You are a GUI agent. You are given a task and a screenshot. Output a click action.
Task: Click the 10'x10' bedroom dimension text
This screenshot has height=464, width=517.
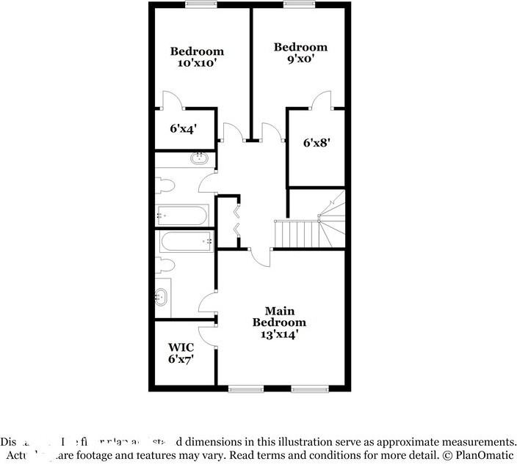197,63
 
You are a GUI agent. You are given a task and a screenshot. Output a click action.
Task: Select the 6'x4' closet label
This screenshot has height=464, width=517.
184,128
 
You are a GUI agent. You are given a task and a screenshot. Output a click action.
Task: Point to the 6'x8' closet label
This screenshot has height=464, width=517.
316,143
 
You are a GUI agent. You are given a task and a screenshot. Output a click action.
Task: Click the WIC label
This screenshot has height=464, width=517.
180,347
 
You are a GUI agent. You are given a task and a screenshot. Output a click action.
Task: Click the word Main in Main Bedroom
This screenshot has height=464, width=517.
279,311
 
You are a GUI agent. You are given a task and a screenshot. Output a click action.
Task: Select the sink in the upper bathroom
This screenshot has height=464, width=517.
199,158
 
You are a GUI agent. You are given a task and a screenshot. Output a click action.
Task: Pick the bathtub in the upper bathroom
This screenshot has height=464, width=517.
182,215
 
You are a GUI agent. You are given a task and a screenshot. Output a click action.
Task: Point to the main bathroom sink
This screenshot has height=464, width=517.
162,297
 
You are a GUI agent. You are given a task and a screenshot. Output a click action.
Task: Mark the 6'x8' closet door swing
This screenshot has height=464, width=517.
321,99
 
